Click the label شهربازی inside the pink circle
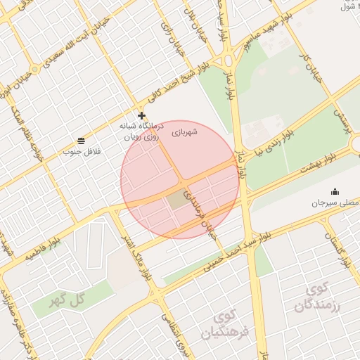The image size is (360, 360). [185, 131]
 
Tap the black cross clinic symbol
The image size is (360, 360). [141, 115]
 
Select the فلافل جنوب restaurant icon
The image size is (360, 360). [82, 141]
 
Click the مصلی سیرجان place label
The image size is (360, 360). [334, 202]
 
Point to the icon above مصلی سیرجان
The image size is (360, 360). [334, 191]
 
